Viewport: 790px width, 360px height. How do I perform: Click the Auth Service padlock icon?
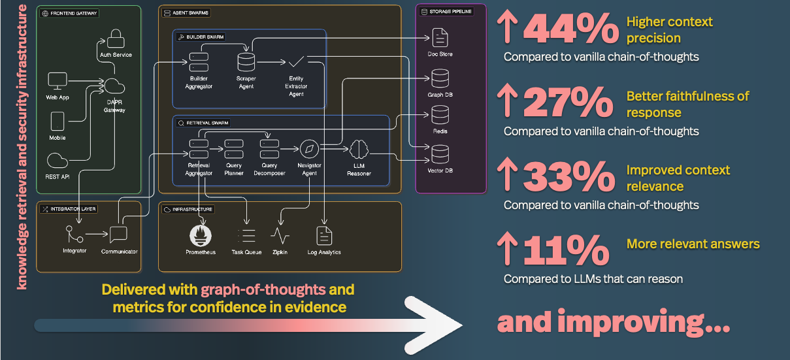click(116, 37)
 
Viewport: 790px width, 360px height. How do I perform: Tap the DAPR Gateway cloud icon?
click(114, 86)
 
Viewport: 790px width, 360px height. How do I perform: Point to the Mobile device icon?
click(58, 121)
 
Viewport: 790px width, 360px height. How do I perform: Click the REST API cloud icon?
click(58, 161)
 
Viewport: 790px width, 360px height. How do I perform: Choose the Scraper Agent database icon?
click(246, 62)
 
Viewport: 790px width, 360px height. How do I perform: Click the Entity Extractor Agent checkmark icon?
click(297, 62)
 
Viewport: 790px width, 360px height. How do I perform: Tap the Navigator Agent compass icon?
click(309, 149)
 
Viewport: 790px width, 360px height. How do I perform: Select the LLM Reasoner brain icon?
click(359, 150)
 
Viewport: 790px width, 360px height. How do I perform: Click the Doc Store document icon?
click(440, 37)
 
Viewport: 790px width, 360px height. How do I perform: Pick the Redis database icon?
click(440, 115)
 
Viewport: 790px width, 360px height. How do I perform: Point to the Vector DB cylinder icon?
click(440, 155)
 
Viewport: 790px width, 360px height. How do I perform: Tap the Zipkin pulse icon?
click(280, 235)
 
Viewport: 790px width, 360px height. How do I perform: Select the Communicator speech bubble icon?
click(118, 234)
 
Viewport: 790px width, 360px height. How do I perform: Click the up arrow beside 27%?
click(507, 103)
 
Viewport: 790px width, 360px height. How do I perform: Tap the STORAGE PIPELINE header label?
click(450, 11)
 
